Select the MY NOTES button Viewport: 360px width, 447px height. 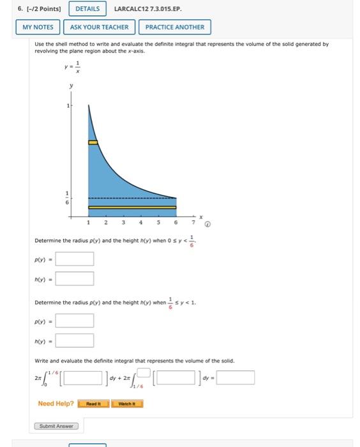(x=38, y=27)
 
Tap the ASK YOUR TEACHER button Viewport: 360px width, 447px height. (x=99, y=27)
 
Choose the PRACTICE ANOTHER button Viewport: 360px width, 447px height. (x=174, y=27)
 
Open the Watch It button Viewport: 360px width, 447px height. (x=127, y=404)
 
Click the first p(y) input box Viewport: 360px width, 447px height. (x=75, y=259)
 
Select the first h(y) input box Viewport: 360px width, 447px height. (x=75, y=278)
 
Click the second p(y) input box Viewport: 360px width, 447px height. (x=75, y=321)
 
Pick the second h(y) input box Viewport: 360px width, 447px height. (x=75, y=340)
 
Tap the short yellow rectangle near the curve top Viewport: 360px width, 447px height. (x=93, y=142)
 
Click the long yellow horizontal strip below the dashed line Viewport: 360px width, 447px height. (x=132, y=207)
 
